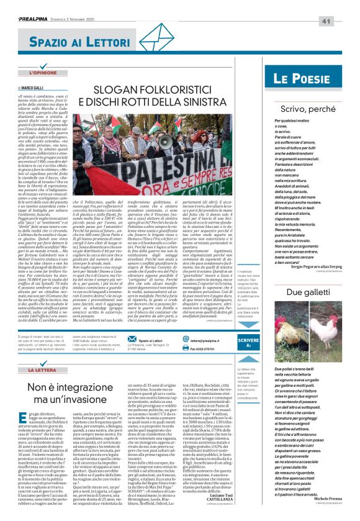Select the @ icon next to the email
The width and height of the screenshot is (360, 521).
pyautogui.click(x=186, y=340)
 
